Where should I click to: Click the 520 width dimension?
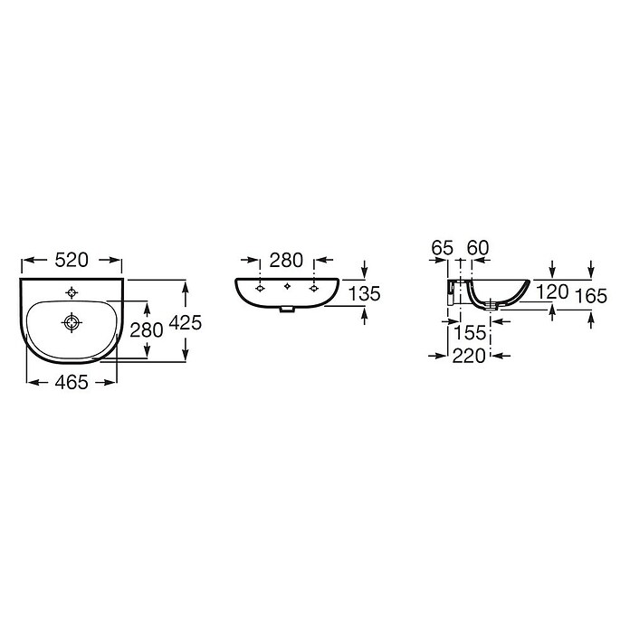72,260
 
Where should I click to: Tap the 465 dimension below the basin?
72,382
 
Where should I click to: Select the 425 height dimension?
186,322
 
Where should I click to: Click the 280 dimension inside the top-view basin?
147,330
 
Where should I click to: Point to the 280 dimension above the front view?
286,261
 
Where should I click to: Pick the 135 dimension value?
364,293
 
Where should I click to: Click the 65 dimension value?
443,248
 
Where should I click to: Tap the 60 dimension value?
478,248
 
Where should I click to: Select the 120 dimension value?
552,292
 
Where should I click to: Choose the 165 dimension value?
591,297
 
